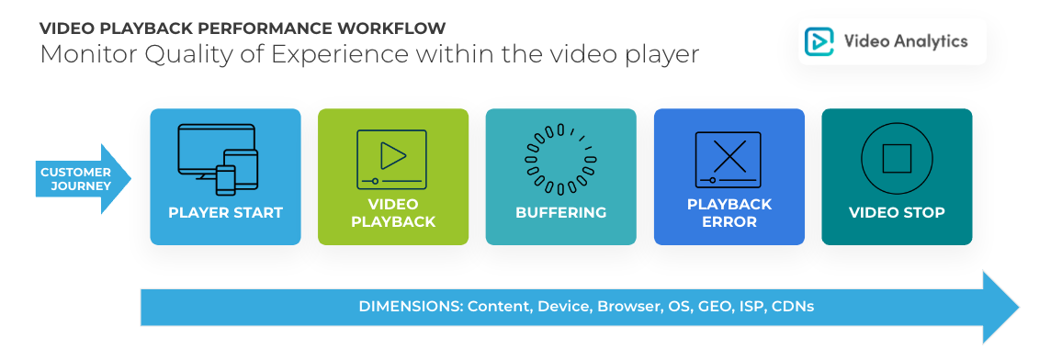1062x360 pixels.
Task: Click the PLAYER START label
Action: click(225, 213)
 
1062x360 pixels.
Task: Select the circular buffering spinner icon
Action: click(560, 160)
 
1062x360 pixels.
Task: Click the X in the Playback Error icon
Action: click(729, 155)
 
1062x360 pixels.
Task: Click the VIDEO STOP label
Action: click(897, 213)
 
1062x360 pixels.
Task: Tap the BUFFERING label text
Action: click(560, 213)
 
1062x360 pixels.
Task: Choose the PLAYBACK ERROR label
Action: click(729, 213)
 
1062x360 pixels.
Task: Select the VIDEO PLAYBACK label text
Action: click(392, 213)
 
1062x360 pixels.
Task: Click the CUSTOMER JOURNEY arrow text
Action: click(75, 179)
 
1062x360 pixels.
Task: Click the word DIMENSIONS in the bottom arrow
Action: click(410, 306)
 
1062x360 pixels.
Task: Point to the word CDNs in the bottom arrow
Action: click(793, 306)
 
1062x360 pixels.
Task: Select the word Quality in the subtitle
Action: click(154, 54)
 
